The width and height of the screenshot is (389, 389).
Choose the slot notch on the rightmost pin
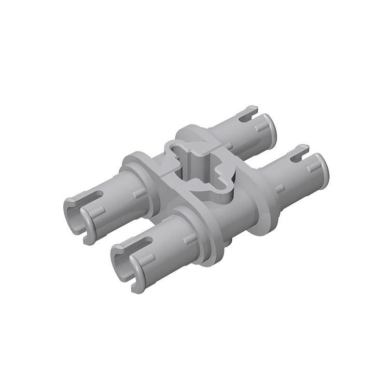click(x=298, y=154)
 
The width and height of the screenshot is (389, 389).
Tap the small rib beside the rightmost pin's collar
click(x=280, y=188)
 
